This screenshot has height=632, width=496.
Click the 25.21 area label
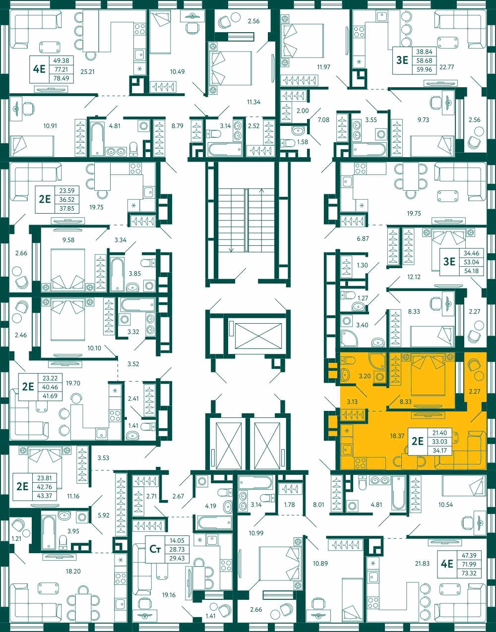point(88,71)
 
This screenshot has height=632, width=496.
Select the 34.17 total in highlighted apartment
point(441,451)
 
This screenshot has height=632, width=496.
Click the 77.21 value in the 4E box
point(61,69)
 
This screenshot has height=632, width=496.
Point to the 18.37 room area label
point(397,436)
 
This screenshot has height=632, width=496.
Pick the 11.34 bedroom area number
point(253,102)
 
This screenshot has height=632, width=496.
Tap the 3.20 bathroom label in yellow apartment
point(365,376)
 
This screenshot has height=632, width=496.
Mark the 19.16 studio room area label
point(169,595)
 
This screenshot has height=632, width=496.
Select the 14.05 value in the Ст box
point(177,540)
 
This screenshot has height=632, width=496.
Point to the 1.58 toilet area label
point(303,142)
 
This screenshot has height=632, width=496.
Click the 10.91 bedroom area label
point(50,126)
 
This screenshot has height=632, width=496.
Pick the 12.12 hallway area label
point(414,277)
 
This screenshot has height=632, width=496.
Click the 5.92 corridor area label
point(104,515)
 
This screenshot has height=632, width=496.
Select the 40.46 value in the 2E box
point(50,387)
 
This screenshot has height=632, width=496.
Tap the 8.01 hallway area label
point(318,505)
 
